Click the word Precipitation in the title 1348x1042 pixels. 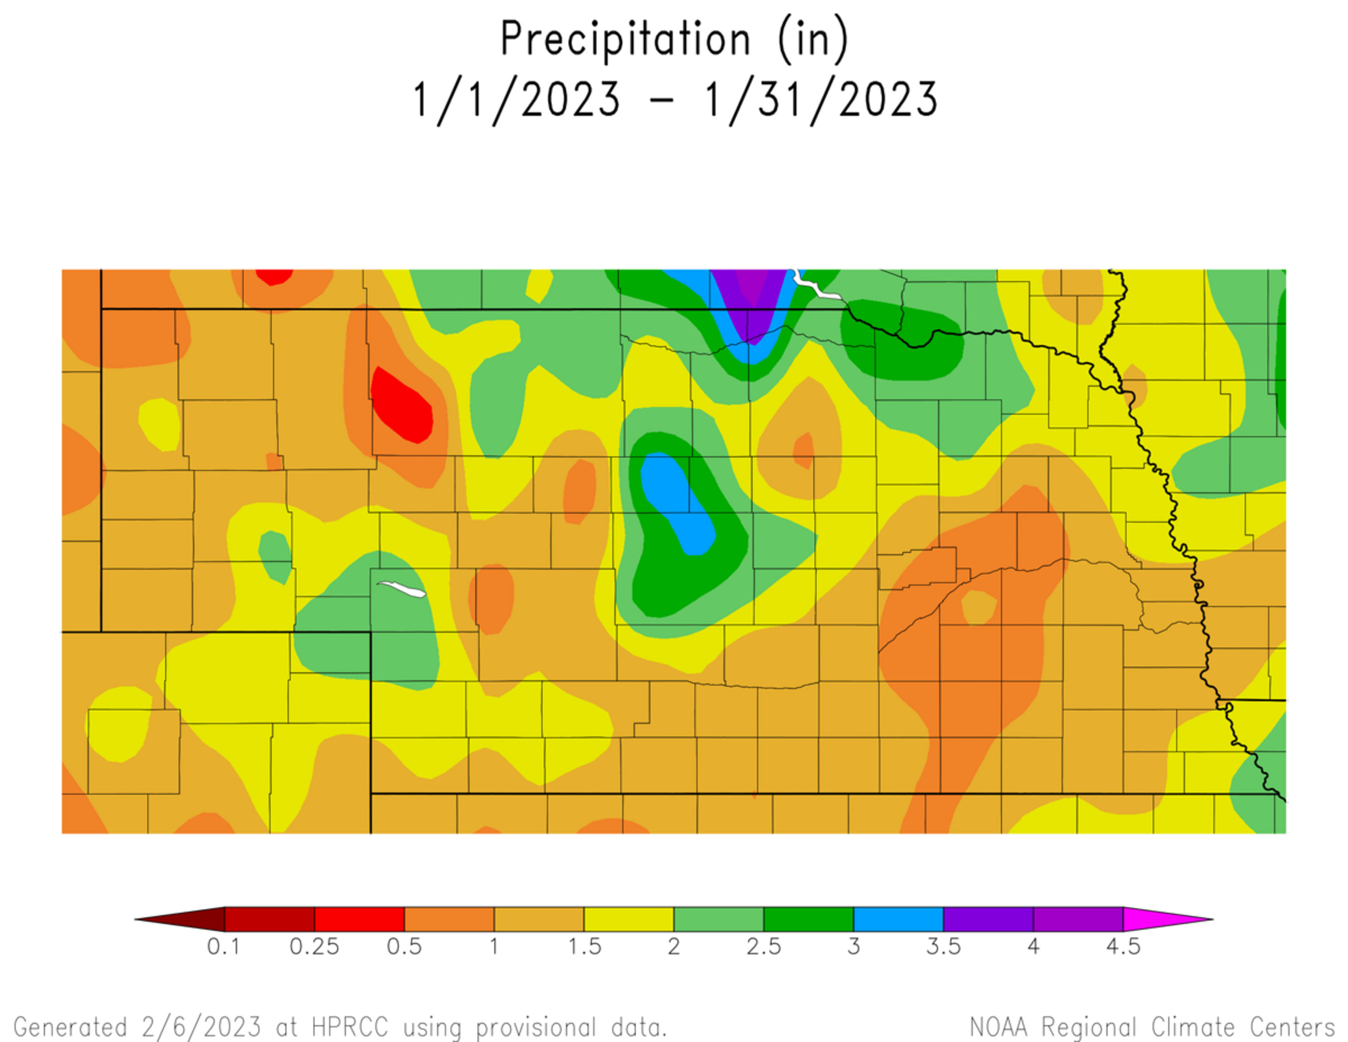click(x=625, y=39)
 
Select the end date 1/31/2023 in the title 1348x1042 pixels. click(x=821, y=100)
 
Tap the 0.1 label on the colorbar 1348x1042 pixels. click(x=223, y=947)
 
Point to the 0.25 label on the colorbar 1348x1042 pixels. click(x=314, y=947)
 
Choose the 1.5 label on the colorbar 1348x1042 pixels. click(x=584, y=947)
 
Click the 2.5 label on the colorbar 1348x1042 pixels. click(x=763, y=947)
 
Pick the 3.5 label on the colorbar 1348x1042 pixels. click(x=943, y=947)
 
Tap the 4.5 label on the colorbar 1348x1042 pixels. click(x=1123, y=947)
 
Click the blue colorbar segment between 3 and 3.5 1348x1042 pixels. click(x=898, y=919)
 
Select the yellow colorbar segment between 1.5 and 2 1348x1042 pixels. click(x=628, y=919)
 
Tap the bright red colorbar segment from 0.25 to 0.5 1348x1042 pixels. click(x=359, y=919)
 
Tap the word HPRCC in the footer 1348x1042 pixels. click(x=350, y=1027)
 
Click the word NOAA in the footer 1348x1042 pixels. click(x=998, y=1027)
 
